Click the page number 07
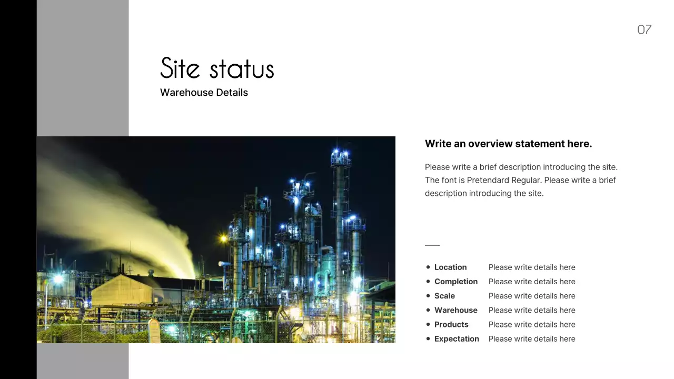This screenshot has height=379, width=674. click(x=644, y=29)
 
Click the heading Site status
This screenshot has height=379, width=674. click(x=217, y=69)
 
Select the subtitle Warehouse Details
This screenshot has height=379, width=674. click(x=204, y=93)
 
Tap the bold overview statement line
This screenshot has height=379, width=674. click(x=508, y=144)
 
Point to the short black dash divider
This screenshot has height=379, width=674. click(x=432, y=245)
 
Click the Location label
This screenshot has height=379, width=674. click(x=450, y=267)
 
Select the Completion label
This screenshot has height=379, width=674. click(x=455, y=282)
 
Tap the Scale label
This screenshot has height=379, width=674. click(x=444, y=296)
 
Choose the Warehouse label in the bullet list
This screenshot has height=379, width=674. click(x=455, y=310)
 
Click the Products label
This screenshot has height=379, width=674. click(x=451, y=324)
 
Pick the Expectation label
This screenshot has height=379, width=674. click(x=457, y=339)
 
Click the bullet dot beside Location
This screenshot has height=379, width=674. click(x=428, y=267)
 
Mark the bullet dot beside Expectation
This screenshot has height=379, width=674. click(x=428, y=339)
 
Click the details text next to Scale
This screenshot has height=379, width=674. click(x=532, y=296)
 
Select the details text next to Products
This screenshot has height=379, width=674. click(x=532, y=324)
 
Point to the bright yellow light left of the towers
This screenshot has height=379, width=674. click(x=224, y=238)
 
